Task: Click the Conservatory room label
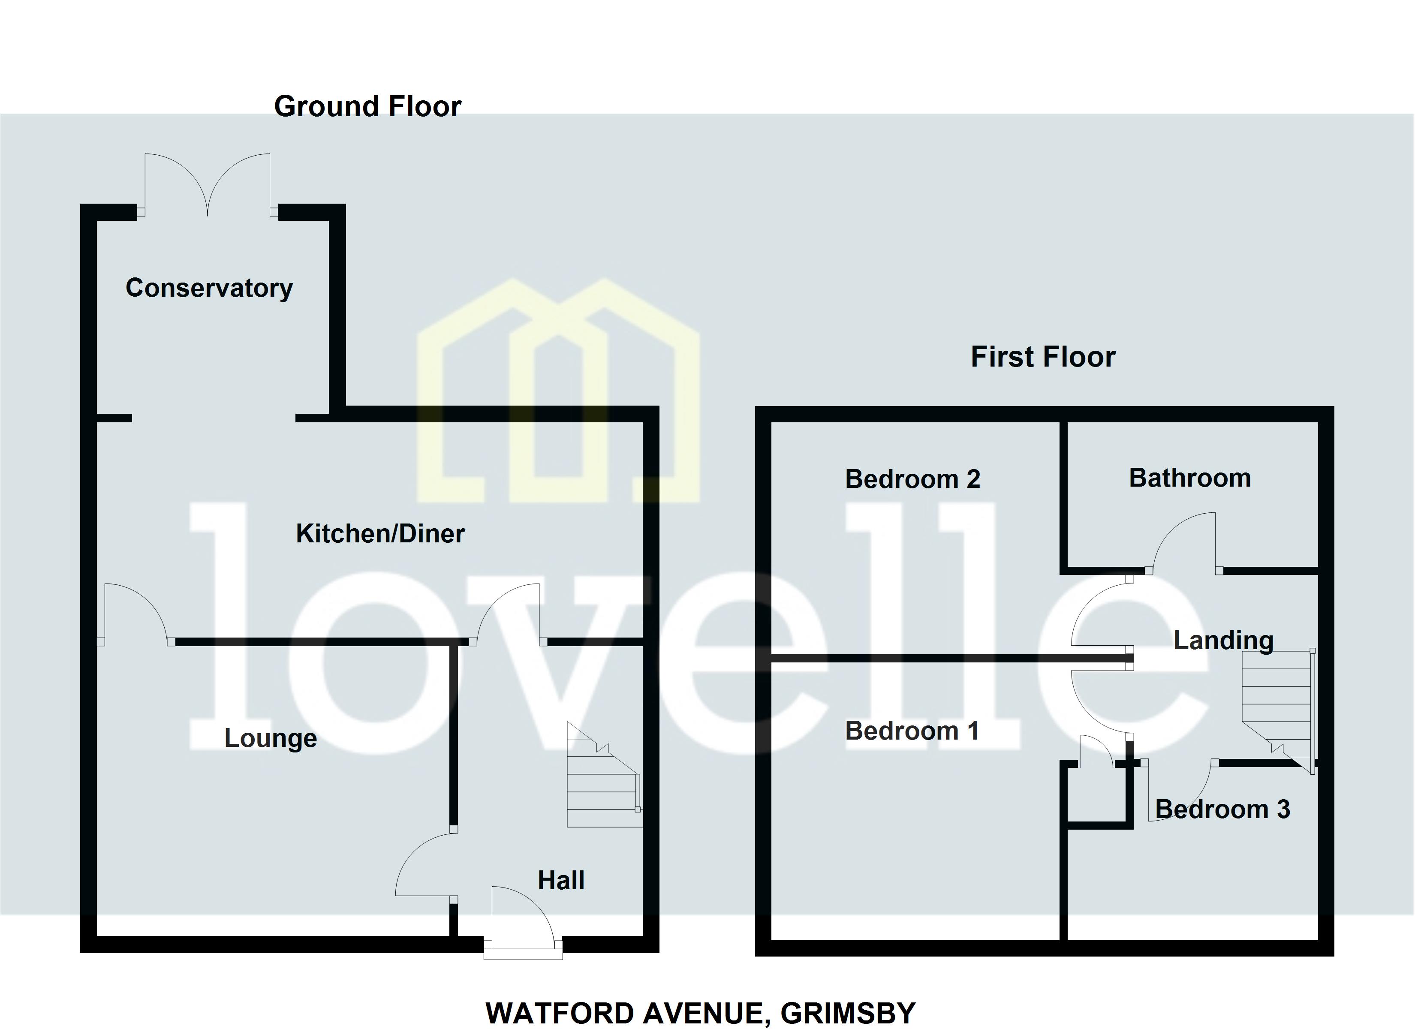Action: point(209,288)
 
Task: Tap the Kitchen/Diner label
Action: point(380,533)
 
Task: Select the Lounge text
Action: point(270,738)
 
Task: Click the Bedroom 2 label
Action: point(912,479)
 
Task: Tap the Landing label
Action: point(1223,640)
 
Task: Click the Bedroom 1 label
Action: point(912,731)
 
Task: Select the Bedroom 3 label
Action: point(1222,809)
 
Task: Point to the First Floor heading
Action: point(1042,357)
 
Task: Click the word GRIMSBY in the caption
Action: point(848,1014)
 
